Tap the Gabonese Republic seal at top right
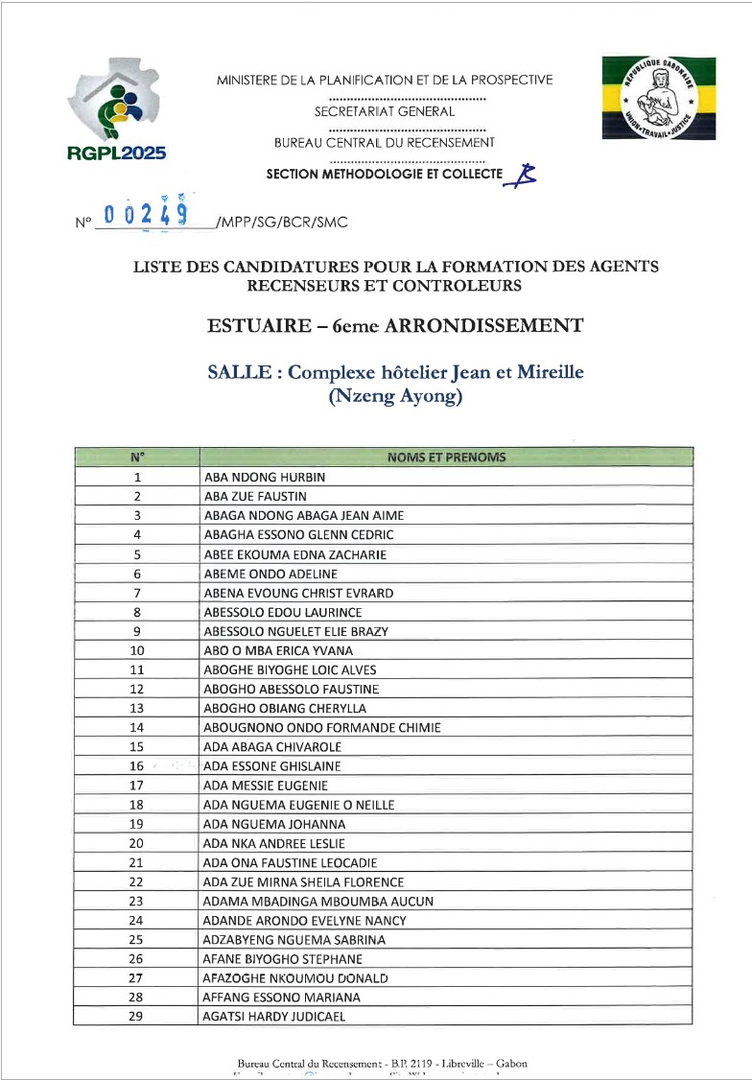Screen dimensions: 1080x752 (661, 97)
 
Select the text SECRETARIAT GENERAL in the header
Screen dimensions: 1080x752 (384, 111)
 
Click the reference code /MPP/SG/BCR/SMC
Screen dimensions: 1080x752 (283, 223)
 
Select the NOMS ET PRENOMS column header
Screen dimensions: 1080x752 (446, 458)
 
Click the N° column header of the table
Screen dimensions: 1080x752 (137, 458)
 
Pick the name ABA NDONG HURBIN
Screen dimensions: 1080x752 (265, 477)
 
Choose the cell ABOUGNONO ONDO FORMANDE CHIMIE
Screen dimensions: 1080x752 (322, 728)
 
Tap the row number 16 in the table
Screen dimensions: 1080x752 (136, 766)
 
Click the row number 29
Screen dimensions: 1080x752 (136, 1017)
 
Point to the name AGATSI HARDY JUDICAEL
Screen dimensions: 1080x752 (274, 1017)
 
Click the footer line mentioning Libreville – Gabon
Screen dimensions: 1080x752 (382, 1063)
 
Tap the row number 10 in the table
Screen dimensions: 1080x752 (136, 650)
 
